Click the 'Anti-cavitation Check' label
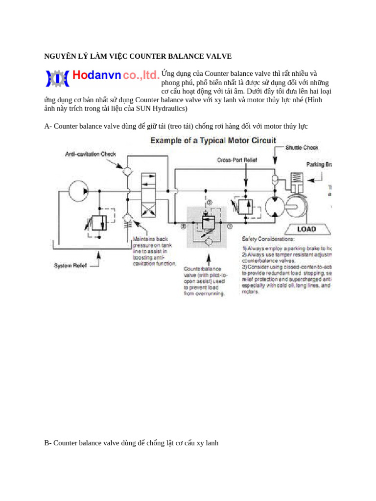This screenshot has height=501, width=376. tap(91, 154)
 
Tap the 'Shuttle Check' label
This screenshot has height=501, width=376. tap(302, 147)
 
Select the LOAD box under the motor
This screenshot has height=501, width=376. tap(306, 228)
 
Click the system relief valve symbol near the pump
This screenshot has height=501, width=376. tap(99, 223)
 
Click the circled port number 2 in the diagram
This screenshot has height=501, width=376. tap(183, 227)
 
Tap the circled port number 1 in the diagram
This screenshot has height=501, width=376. tap(230, 227)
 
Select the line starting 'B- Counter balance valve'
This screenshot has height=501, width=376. tap(131, 443)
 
